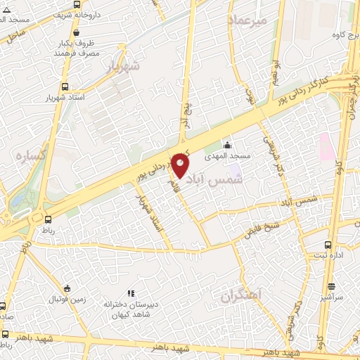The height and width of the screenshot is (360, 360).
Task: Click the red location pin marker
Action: coord(181,166)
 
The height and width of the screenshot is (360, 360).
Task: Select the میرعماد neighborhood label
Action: coord(248,21)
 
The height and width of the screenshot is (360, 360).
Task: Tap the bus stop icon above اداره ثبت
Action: coord(328,245)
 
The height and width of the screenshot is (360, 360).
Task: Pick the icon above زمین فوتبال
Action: coord(67,288)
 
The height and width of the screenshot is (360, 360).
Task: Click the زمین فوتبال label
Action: coord(67,300)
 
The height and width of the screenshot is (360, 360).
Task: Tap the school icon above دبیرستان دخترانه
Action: coord(130,293)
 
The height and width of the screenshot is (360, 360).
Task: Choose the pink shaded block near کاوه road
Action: coord(326,146)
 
